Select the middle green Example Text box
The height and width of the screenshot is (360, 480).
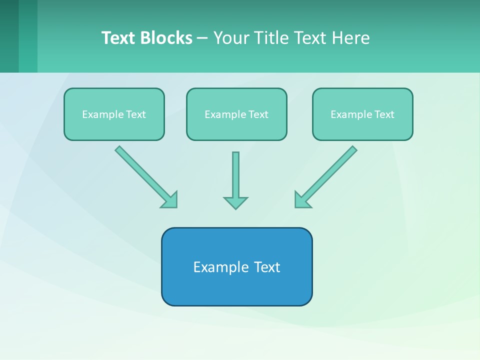(236, 127)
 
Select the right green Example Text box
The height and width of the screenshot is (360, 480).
(362, 127)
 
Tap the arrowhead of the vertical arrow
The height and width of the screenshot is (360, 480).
(235, 202)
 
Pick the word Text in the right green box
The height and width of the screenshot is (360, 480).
(384, 114)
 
